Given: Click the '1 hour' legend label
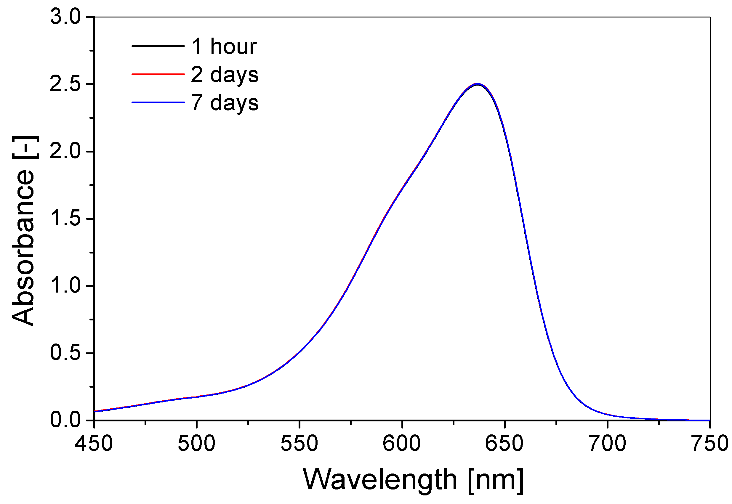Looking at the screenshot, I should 224,46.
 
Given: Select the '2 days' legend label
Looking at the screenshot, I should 225,75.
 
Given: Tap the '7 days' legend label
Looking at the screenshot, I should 225,103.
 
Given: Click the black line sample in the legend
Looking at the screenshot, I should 158,46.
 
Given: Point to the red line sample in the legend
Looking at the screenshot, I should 158,74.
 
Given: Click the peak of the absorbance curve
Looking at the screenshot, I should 477,84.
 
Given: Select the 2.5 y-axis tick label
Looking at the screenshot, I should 66,84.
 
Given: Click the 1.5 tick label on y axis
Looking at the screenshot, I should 66,218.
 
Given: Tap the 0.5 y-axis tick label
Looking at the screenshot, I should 66,353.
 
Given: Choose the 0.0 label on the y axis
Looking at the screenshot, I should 66,420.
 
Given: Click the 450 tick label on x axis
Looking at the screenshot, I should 94,443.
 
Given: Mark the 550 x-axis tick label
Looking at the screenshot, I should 299,443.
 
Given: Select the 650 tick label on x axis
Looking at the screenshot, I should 504,443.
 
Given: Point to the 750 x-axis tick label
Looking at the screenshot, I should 709,443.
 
